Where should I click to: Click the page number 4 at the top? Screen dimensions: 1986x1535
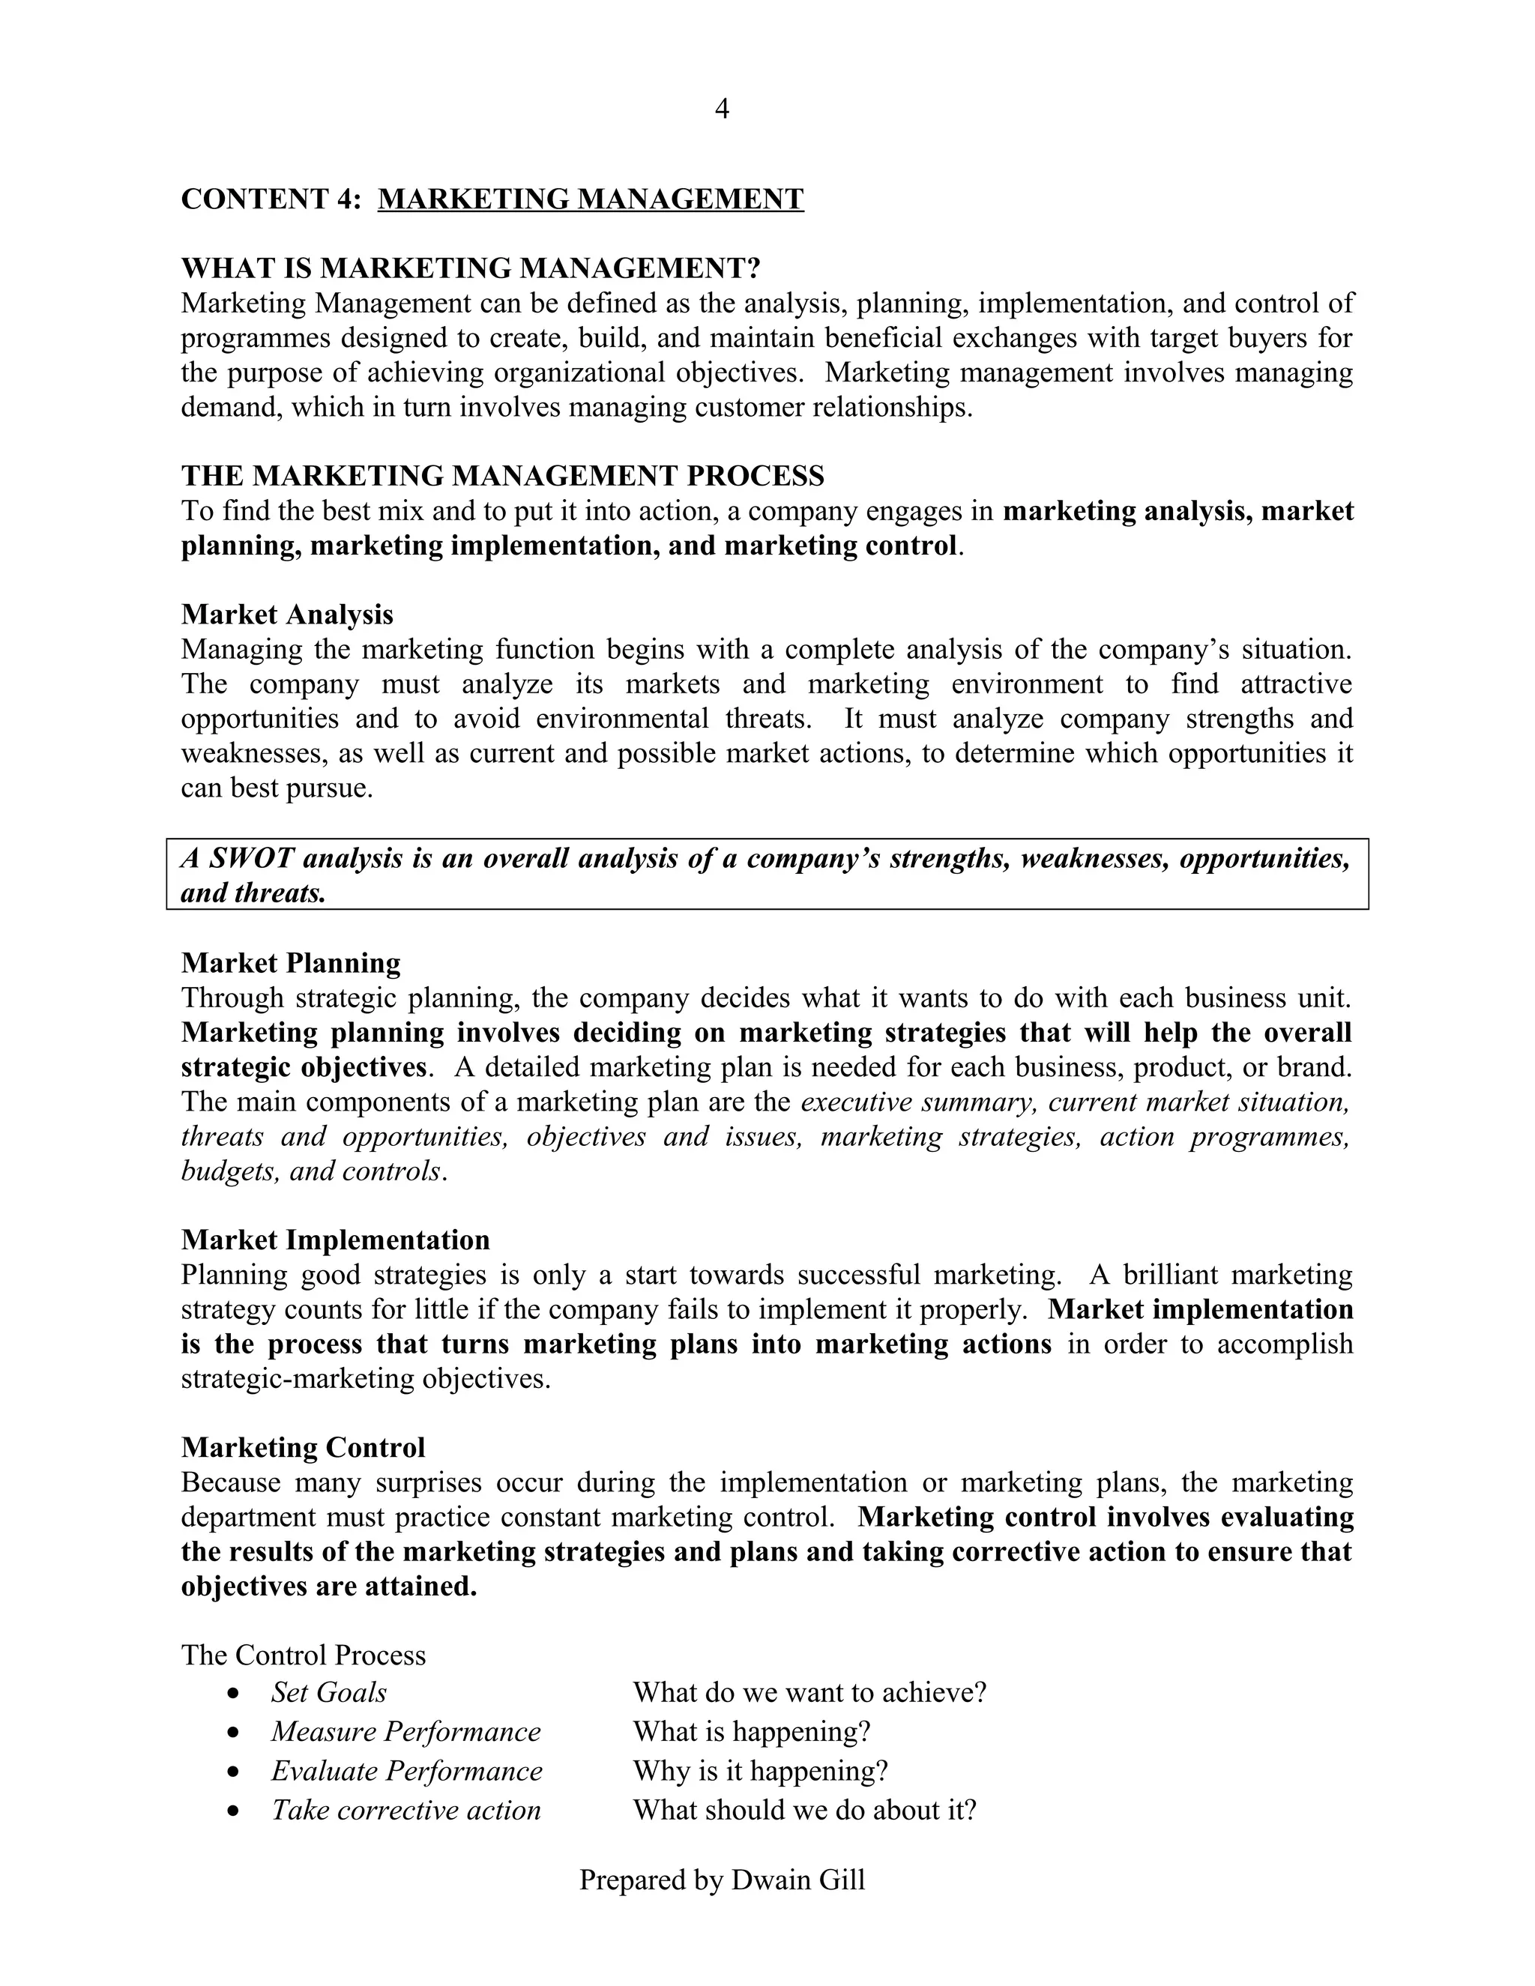click(x=722, y=109)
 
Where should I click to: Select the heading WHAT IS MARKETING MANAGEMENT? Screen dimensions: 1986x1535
click(x=470, y=268)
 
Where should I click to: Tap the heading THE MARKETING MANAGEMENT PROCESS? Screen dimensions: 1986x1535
click(x=502, y=476)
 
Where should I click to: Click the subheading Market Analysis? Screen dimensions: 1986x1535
click(x=286, y=615)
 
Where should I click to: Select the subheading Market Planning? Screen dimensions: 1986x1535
click(x=290, y=963)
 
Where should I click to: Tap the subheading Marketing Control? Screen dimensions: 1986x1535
click(x=303, y=1448)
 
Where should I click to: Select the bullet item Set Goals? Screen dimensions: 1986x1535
click(x=328, y=1692)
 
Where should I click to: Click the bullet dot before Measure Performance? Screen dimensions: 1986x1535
click(x=235, y=1733)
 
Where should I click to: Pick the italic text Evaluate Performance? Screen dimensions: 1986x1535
click(x=406, y=1772)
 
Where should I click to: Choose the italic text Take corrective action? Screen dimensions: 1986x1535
click(x=405, y=1811)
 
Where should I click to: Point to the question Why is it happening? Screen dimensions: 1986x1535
click(x=759, y=1772)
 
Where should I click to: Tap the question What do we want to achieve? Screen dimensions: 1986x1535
click(x=809, y=1692)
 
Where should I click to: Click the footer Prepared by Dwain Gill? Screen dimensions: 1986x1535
click(x=722, y=1880)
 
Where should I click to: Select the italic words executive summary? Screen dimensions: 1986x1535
click(x=918, y=1102)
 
